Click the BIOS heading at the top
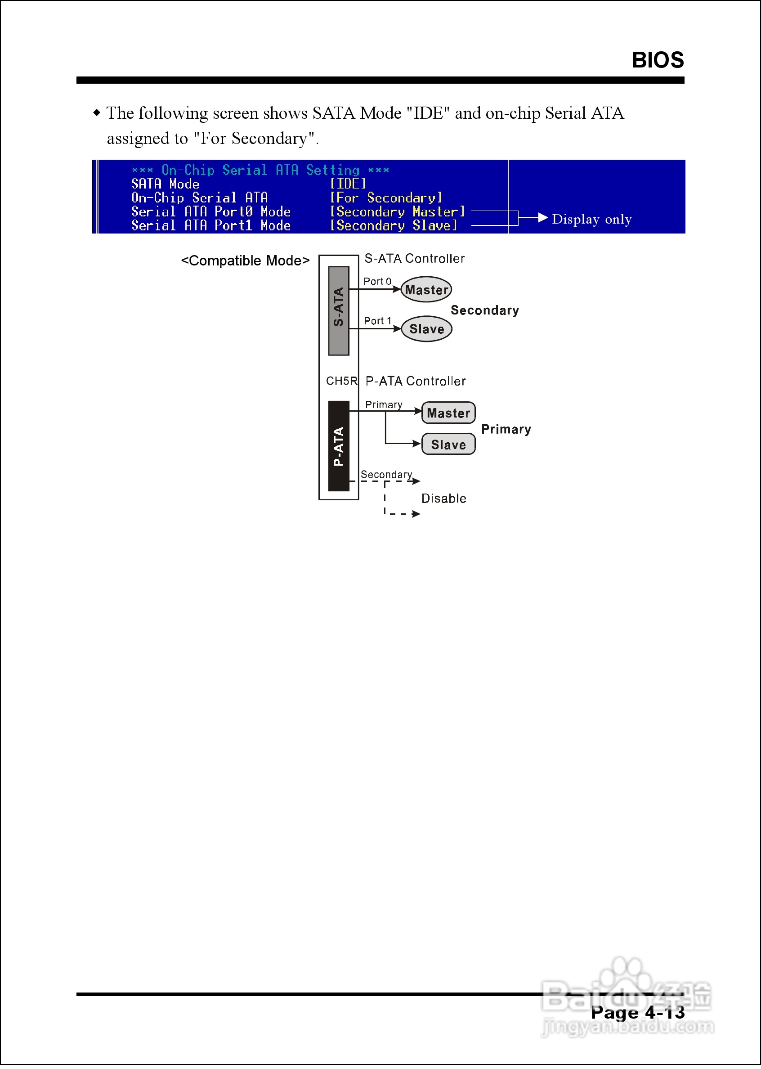[x=658, y=60]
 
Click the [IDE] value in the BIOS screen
[x=347, y=184]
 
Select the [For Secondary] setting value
[x=385, y=198]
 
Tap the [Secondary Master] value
[x=397, y=212]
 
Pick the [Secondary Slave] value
[x=393, y=226]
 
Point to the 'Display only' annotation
[x=591, y=219]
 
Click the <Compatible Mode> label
[x=245, y=261]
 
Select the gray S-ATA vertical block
[x=338, y=311]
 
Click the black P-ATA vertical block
[x=338, y=446]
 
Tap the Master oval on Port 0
[x=426, y=290]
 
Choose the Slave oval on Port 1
[x=426, y=329]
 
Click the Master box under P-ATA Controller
[x=448, y=413]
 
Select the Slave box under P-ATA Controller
[x=448, y=444]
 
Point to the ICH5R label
[x=340, y=381]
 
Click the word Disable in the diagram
[x=443, y=499]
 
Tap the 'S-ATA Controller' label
[x=414, y=259]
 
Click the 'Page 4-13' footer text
[x=637, y=1012]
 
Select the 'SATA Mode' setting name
[x=165, y=184]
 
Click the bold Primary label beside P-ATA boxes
[x=506, y=429]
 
